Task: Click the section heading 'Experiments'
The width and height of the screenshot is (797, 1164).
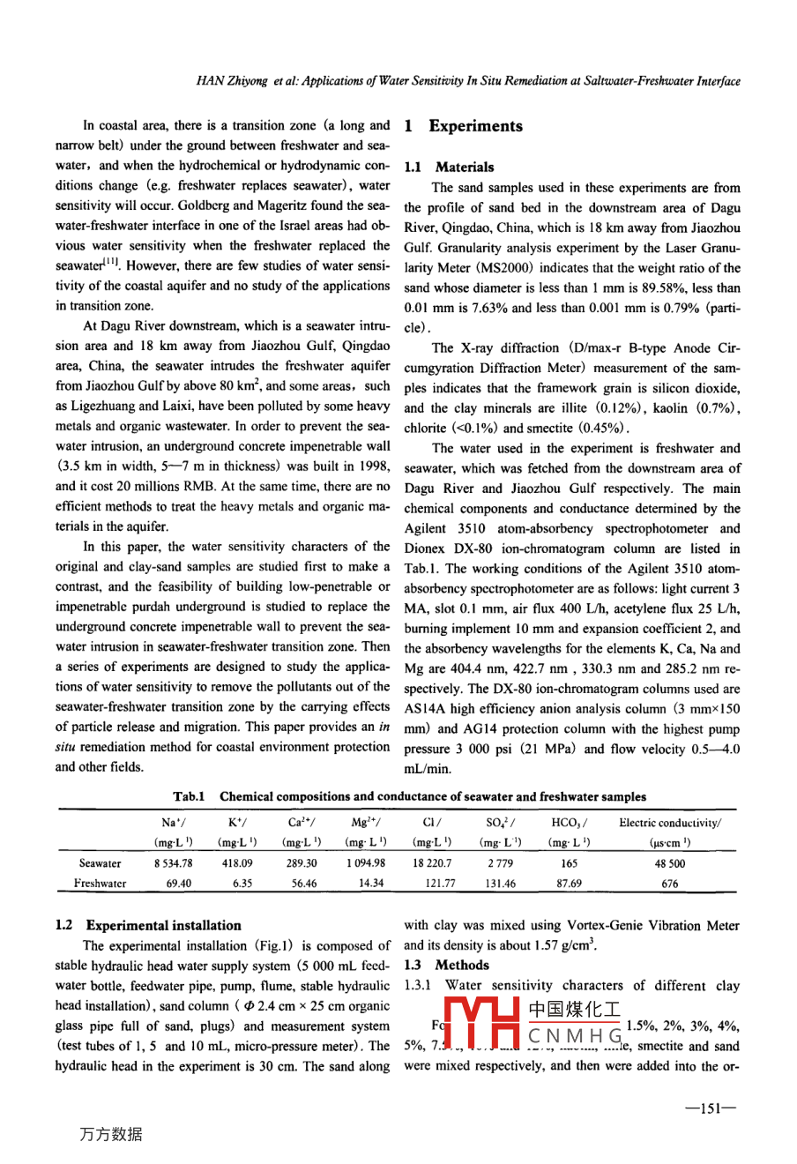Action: pos(475,126)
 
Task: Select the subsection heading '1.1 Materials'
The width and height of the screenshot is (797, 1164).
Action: pos(449,167)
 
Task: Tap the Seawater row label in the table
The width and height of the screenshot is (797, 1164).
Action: pos(100,863)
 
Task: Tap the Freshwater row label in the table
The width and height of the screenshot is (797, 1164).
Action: pos(100,883)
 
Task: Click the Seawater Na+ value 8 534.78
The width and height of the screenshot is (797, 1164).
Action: pos(173,863)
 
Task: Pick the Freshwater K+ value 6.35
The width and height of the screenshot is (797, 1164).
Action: pos(242,883)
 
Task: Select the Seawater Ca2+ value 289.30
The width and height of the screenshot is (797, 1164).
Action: pos(304,863)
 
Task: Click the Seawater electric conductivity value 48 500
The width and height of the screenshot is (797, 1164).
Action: pos(670,863)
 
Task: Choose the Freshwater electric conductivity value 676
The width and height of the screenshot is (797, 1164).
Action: pos(670,883)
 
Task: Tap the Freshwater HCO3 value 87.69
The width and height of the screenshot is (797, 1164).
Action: pos(569,883)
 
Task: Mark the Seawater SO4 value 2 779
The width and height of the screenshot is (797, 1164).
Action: pos(500,863)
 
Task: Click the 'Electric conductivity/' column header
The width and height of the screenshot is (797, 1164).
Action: pos(670,823)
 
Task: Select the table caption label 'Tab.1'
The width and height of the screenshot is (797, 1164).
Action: pos(189,796)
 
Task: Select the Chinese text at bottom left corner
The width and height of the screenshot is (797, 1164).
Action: pos(110,1134)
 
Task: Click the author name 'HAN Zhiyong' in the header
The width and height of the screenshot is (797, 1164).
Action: pos(230,81)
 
